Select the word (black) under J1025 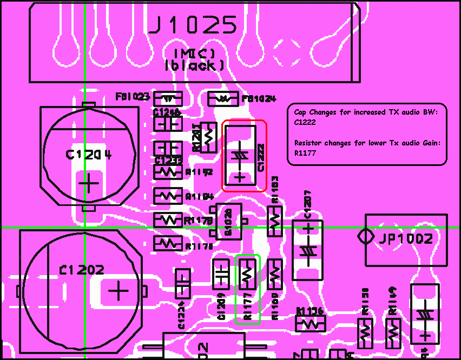(x=194, y=66)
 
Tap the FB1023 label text (x=133, y=97)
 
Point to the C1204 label (x=89, y=155)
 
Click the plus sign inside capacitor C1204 (x=89, y=184)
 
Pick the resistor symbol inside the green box (x=248, y=275)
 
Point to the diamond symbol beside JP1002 (x=365, y=237)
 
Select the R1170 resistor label (x=198, y=221)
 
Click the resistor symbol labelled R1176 (x=168, y=244)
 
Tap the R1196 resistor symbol (x=310, y=324)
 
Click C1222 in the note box (x=305, y=123)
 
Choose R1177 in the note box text (x=305, y=154)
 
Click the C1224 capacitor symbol (x=183, y=282)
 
